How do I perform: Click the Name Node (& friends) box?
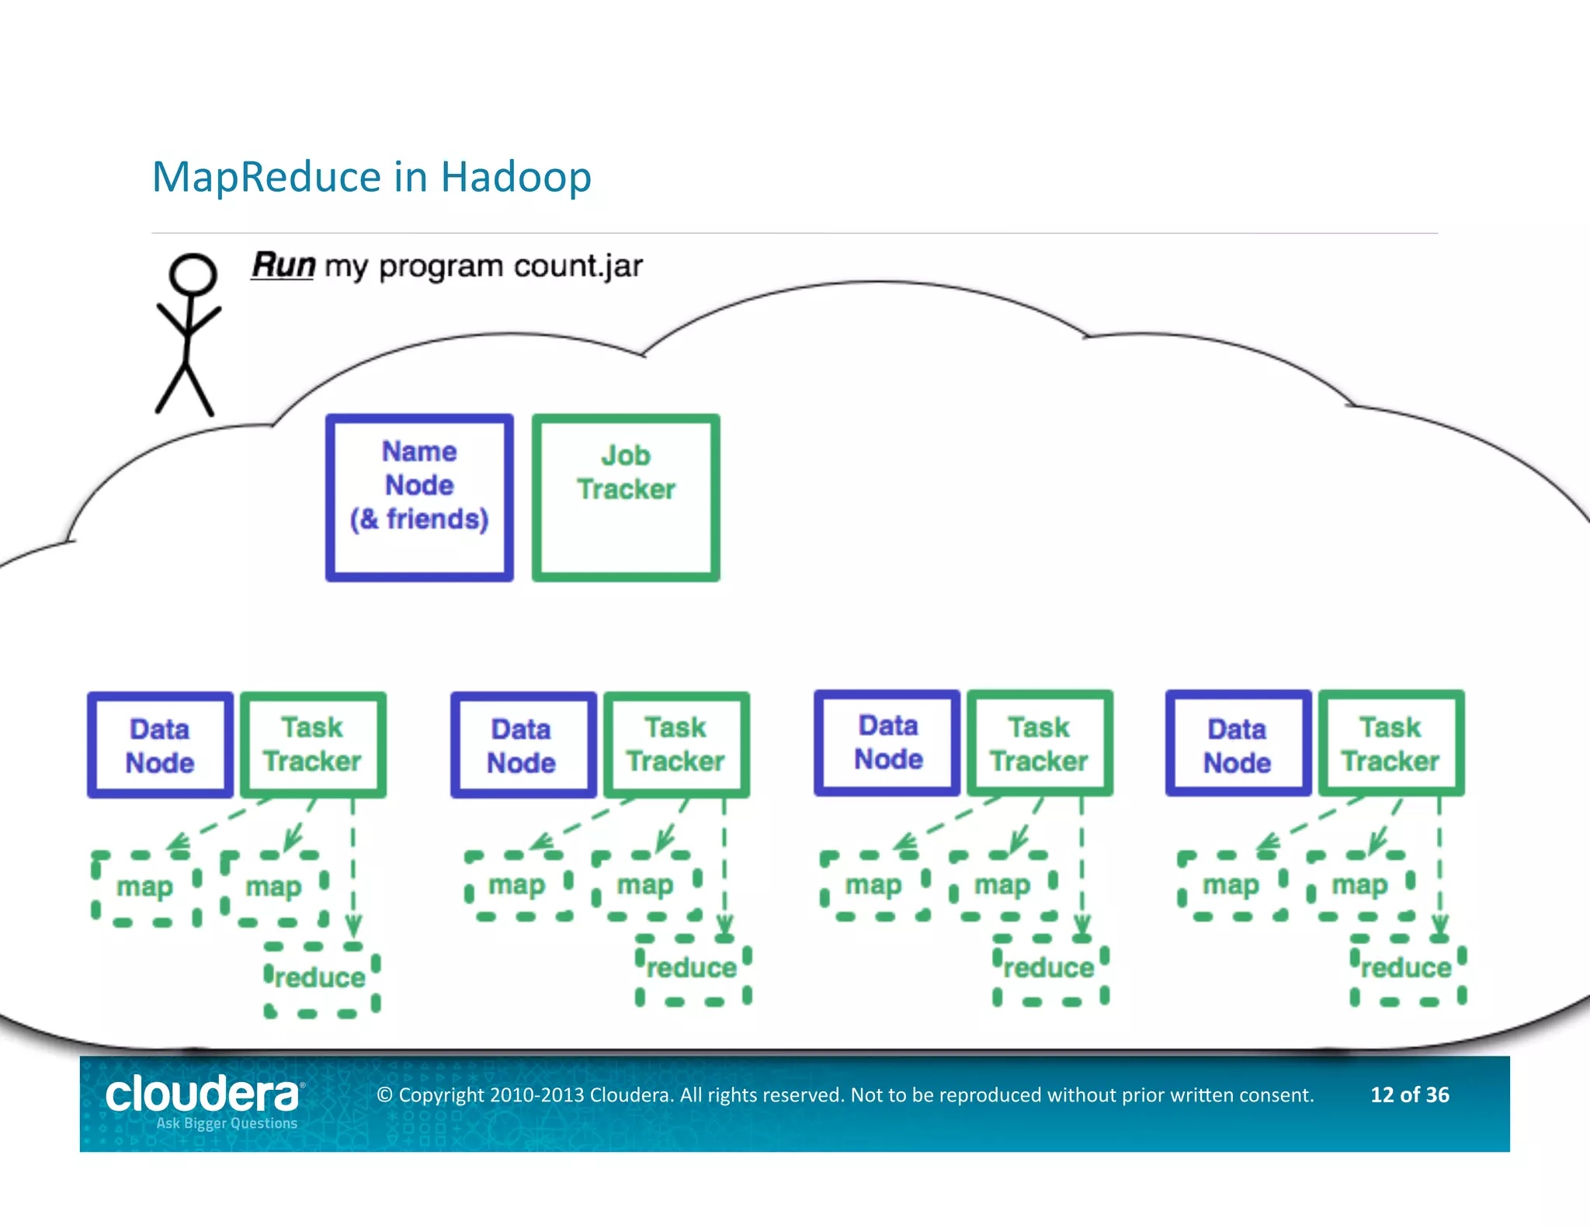(x=419, y=497)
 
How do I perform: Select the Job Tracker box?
(x=626, y=497)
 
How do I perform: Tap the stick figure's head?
(x=193, y=274)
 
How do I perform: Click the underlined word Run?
(x=283, y=265)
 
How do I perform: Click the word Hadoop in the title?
(x=516, y=177)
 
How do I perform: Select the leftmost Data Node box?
(x=160, y=745)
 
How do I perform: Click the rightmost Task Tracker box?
(x=1390, y=744)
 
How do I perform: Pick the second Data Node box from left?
(x=522, y=745)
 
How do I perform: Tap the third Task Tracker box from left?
(x=1040, y=744)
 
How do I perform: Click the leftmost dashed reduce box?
(x=321, y=978)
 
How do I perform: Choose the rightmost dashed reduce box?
(x=1407, y=969)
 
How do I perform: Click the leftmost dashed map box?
(x=145, y=887)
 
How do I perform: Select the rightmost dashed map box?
(x=1360, y=886)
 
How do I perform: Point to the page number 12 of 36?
(x=1409, y=1094)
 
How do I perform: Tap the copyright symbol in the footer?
(x=384, y=1095)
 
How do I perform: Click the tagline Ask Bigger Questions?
(x=227, y=1123)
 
